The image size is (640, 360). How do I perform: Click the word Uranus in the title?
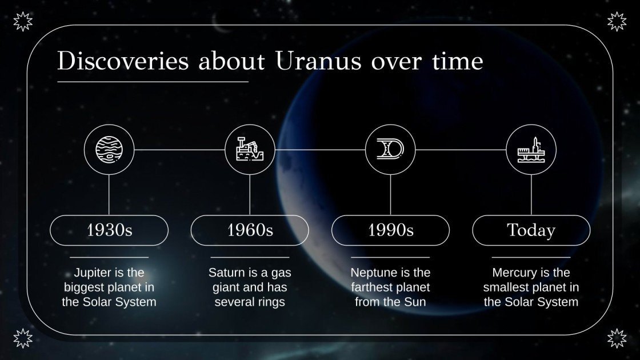click(x=318, y=62)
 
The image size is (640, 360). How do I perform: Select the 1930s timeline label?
click(x=109, y=230)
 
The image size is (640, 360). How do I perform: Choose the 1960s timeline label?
click(x=250, y=230)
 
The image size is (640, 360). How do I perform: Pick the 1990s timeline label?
click(x=390, y=230)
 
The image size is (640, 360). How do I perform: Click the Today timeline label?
click(x=531, y=230)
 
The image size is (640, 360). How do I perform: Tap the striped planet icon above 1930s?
click(x=109, y=150)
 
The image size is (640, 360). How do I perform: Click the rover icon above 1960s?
click(x=250, y=150)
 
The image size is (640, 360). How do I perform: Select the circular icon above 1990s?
click(x=390, y=150)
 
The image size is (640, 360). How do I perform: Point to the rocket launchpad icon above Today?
click(x=531, y=150)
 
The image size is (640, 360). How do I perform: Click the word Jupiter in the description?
click(x=94, y=273)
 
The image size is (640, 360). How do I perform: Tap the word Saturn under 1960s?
click(x=227, y=273)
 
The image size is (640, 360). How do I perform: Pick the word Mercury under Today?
click(x=515, y=273)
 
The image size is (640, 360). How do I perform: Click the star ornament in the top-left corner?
click(x=23, y=22)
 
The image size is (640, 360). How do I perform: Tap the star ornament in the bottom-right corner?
click(x=617, y=338)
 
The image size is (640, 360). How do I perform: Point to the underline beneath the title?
click(x=153, y=82)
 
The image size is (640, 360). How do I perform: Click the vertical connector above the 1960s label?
click(x=250, y=194)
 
